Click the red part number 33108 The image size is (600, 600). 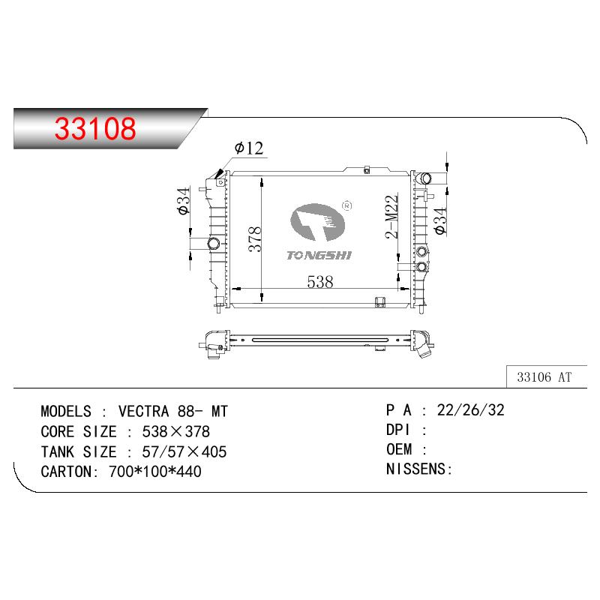95,128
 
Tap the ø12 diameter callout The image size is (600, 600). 249,148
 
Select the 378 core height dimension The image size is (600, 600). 255,239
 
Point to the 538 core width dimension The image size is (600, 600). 320,282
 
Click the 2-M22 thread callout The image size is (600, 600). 391,217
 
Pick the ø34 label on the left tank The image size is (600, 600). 184,201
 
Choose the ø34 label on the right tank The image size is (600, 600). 440,220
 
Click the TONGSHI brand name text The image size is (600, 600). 319,256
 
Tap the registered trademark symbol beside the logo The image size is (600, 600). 346,205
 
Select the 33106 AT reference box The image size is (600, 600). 547,377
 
